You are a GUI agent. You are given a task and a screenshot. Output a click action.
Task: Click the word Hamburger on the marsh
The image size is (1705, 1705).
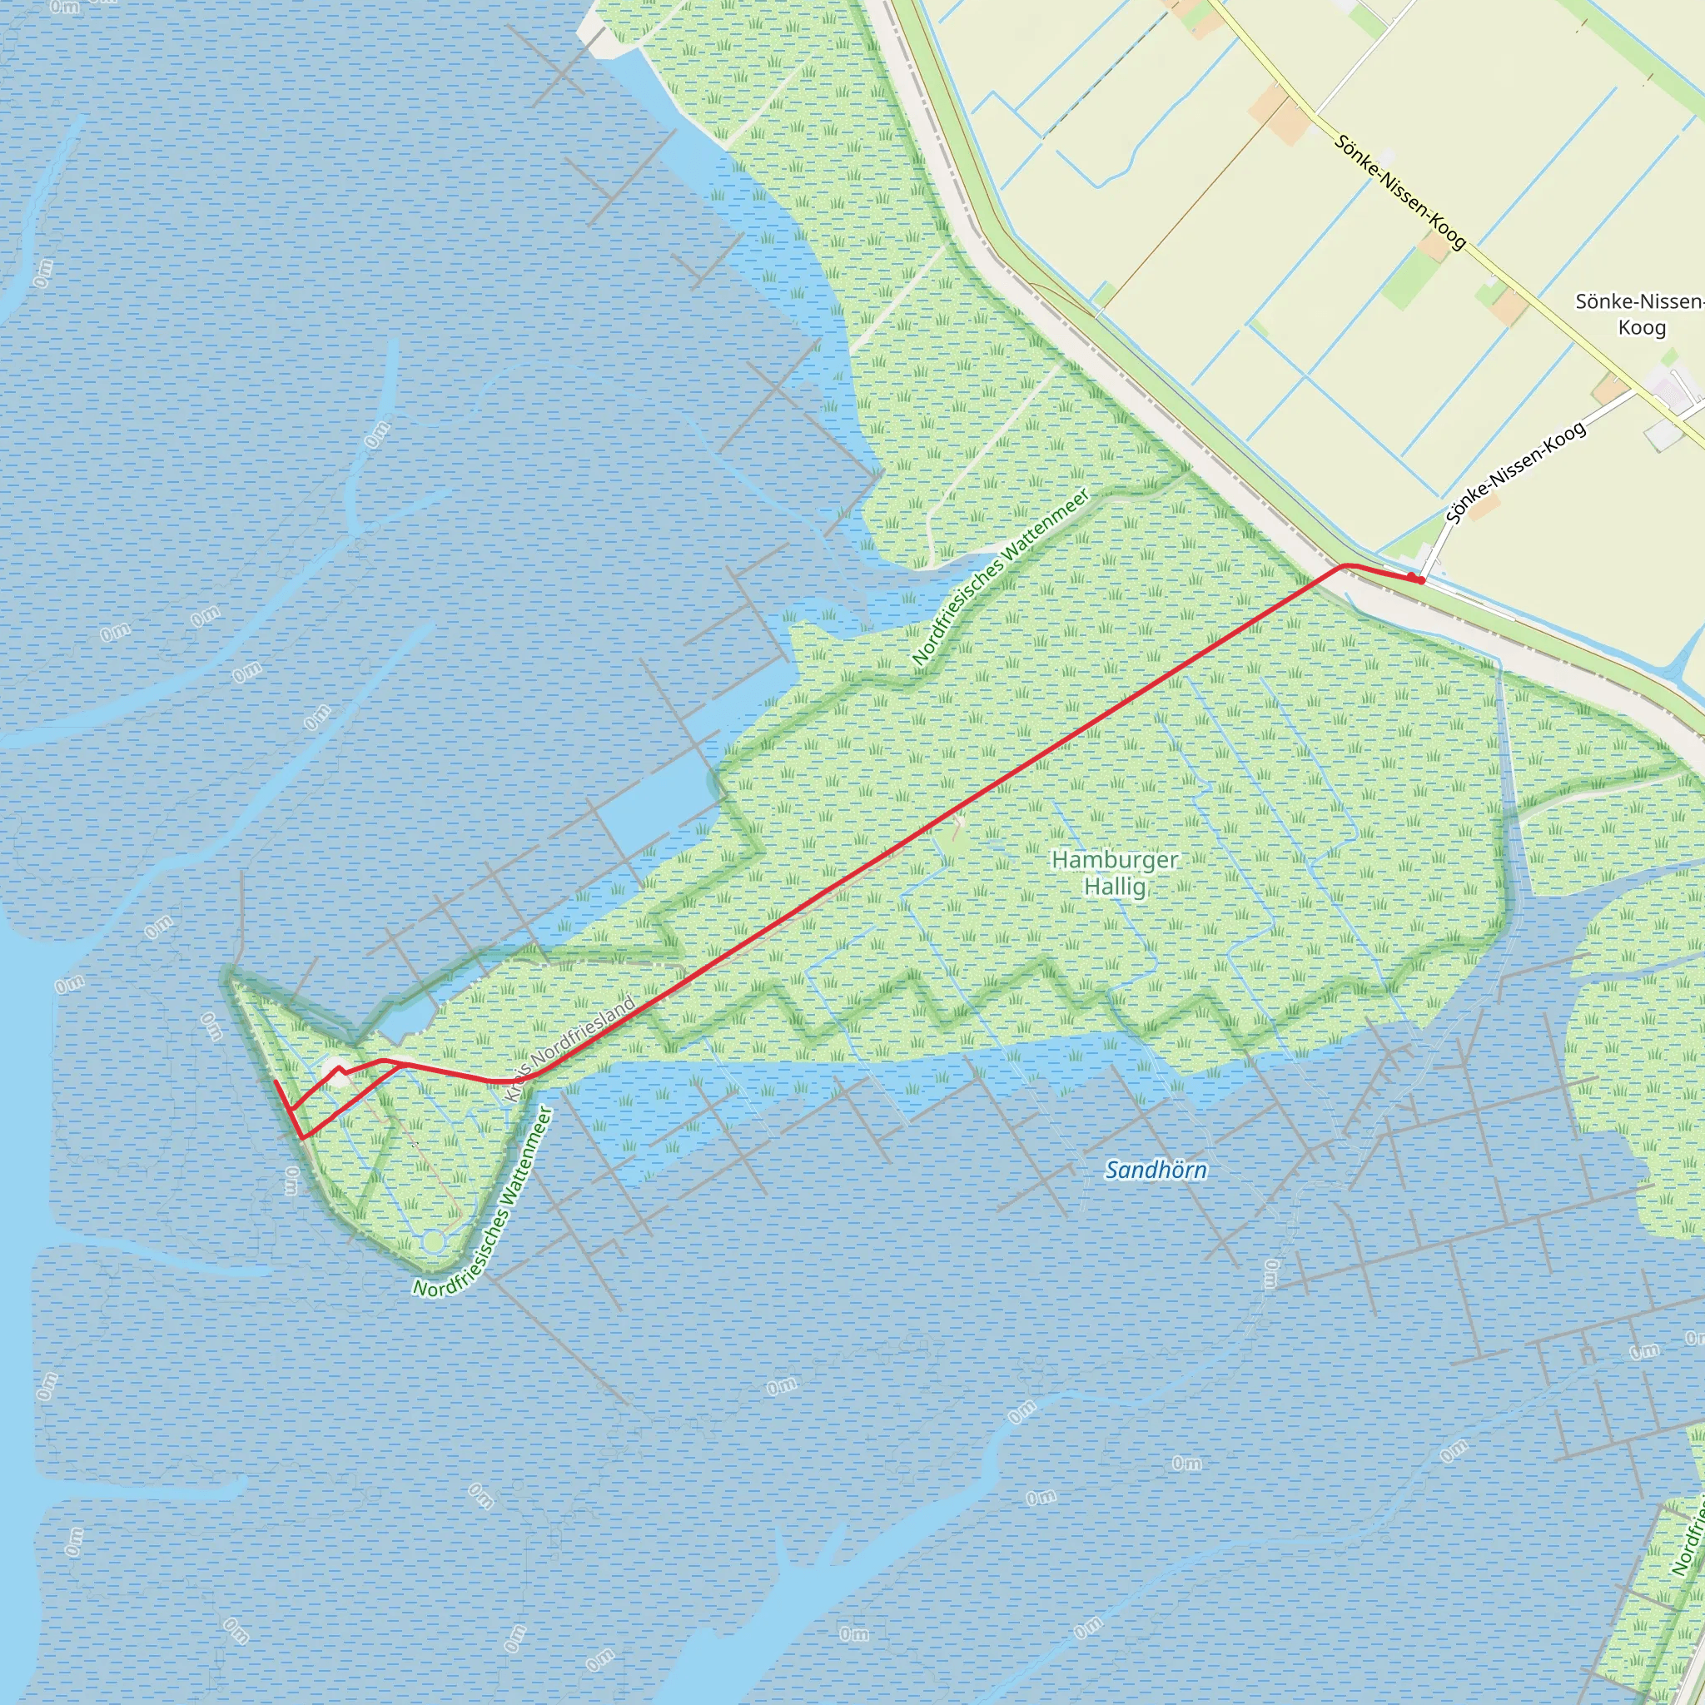tap(1115, 859)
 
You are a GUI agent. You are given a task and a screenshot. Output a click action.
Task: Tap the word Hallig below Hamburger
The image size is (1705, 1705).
tap(1115, 886)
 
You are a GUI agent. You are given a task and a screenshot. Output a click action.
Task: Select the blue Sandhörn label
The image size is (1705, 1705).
tap(1156, 1171)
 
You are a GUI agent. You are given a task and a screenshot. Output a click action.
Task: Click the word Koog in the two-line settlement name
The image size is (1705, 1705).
tap(1642, 328)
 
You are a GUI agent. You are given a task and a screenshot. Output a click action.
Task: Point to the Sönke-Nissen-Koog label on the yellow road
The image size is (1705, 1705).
tap(1399, 191)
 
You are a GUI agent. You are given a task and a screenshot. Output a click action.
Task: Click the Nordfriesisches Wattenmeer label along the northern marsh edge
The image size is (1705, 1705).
tap(999, 576)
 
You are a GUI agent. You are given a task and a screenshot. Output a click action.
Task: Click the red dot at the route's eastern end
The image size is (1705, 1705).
tap(1420, 579)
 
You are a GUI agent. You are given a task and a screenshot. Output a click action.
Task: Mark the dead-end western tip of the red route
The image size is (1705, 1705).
tap(276, 1081)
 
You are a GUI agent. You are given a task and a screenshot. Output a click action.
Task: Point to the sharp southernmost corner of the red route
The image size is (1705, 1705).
tap(302, 1138)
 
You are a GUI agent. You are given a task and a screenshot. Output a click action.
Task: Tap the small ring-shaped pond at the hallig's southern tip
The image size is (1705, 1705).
tap(431, 1241)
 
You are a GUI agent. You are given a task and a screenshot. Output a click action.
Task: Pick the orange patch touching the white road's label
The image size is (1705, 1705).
tap(1485, 509)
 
